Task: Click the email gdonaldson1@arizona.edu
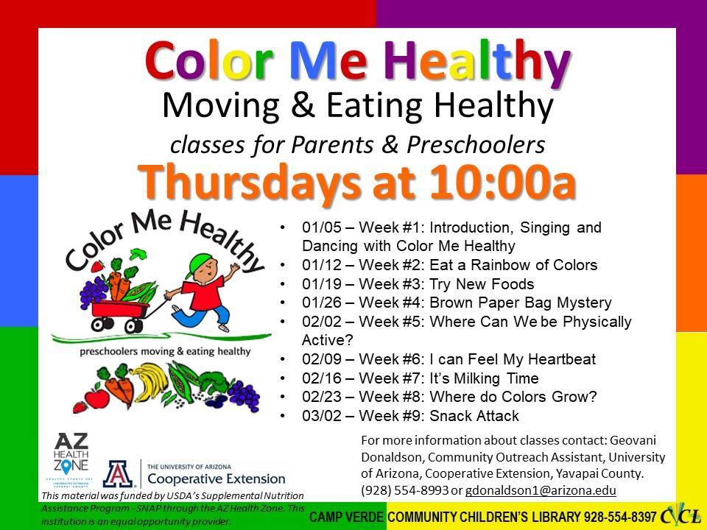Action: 541,490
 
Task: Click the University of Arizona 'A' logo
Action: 118,474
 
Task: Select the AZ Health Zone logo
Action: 71,459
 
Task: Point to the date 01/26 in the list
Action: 318,303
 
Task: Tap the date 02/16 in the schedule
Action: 318,379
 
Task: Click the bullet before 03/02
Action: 284,417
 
